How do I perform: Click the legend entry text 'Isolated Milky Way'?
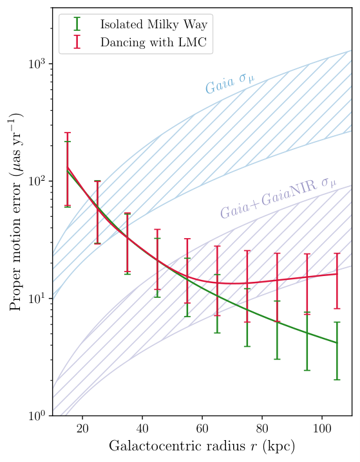pyautogui.click(x=154, y=24)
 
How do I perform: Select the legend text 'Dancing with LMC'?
pyautogui.click(x=153, y=42)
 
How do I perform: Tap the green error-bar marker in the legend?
pyautogui.click(x=77, y=24)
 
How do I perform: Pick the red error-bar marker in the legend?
pyautogui.click(x=77, y=42)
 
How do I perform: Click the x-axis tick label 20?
pyautogui.click(x=82, y=428)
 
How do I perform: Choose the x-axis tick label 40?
pyautogui.click(x=142, y=428)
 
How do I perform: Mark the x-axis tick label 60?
pyautogui.click(x=202, y=428)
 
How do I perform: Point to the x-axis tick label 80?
pyautogui.click(x=262, y=428)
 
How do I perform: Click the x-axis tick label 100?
pyautogui.click(x=321, y=428)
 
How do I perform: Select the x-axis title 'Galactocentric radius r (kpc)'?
pyautogui.click(x=202, y=446)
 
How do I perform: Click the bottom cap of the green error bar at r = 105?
pyautogui.click(x=337, y=380)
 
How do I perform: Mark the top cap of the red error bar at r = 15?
pyautogui.click(x=68, y=133)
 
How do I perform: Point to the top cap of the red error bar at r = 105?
pyautogui.click(x=337, y=254)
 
